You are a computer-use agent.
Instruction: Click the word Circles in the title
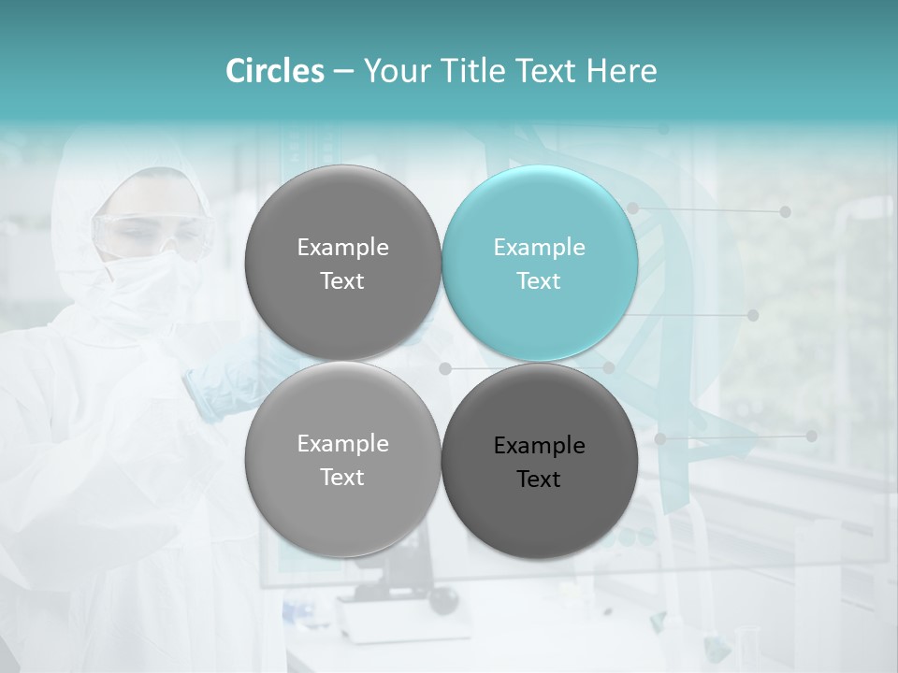point(275,71)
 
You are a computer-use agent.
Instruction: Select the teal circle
point(540,263)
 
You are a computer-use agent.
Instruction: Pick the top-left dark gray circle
point(342,263)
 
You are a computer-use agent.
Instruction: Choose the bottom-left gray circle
point(342,459)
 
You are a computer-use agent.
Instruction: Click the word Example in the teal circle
point(539,247)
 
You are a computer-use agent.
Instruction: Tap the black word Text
point(539,479)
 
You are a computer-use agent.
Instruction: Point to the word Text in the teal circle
point(539,280)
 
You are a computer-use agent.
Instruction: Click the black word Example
point(539,445)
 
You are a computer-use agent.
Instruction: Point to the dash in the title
point(343,72)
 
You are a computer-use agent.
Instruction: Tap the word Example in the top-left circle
point(342,247)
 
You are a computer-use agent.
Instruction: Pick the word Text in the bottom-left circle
point(342,477)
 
